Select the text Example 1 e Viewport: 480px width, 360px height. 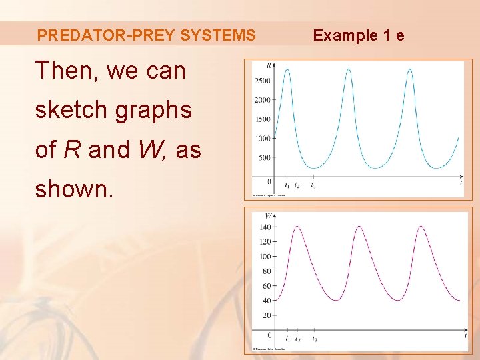[359, 35]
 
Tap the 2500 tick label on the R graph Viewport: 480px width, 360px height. [262, 81]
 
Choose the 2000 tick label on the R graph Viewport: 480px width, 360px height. [262, 100]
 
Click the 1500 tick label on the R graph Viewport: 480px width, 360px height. [262, 119]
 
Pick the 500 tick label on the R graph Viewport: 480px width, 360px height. [264, 158]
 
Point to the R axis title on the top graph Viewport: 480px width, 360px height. [268, 65]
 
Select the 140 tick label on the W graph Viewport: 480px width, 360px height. [265, 227]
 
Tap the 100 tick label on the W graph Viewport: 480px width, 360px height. [265, 257]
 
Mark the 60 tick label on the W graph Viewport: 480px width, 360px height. [267, 286]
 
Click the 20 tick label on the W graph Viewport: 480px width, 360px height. [267, 315]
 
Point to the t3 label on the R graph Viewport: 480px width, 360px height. [313, 186]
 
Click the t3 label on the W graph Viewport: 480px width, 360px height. [314, 339]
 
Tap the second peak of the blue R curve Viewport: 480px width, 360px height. [348, 69]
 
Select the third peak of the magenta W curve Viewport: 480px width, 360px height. [421, 227]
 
